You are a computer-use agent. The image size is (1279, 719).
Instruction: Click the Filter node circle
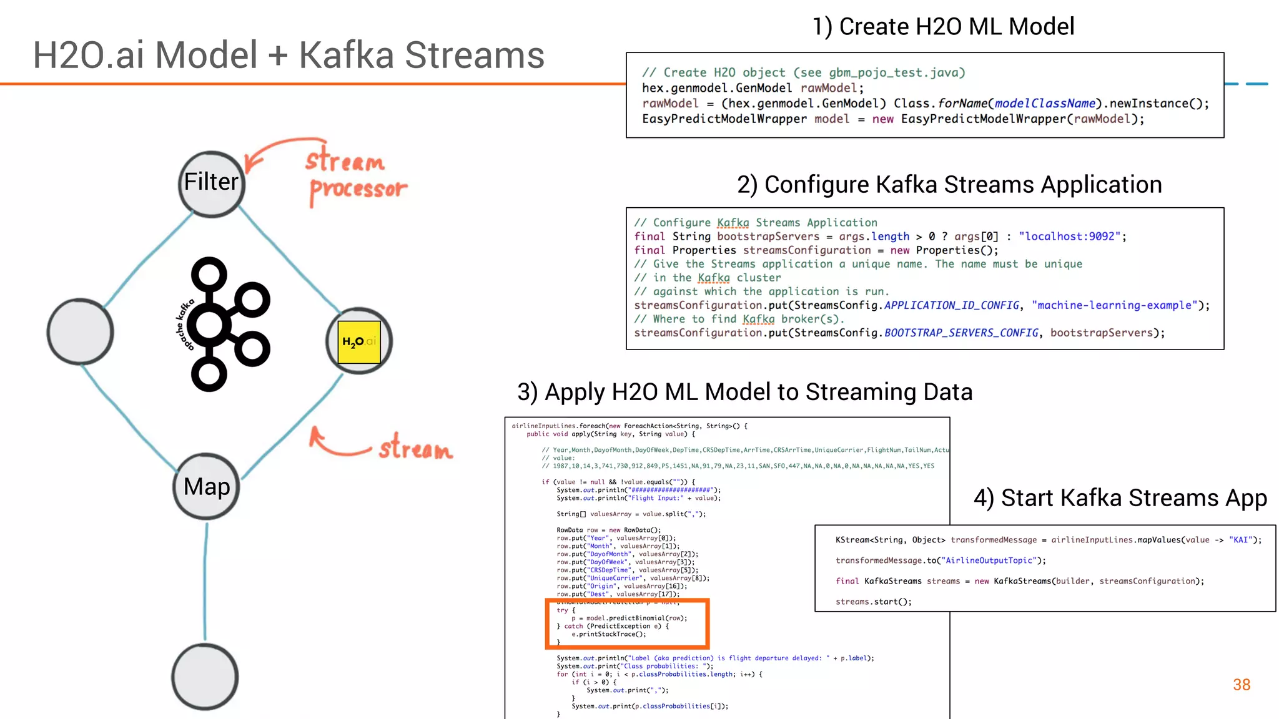[211, 183]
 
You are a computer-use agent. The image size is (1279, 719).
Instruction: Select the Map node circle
[206, 487]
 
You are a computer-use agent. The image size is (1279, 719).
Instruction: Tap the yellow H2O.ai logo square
[359, 341]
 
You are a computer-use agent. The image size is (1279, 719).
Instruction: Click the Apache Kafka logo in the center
[225, 325]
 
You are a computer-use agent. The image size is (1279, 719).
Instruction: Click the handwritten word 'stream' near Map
[415, 448]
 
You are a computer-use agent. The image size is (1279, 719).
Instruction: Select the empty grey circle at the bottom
[205, 677]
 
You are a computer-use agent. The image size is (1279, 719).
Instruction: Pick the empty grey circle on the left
[80, 331]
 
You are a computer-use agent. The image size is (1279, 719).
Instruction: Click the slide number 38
[1241, 685]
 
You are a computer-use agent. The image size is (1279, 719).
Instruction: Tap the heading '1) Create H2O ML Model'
[943, 27]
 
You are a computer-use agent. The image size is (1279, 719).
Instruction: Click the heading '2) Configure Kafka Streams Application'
[949, 185]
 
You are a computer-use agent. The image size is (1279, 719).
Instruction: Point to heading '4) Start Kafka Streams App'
[1120, 498]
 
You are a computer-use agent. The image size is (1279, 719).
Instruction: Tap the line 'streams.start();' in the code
[873, 602]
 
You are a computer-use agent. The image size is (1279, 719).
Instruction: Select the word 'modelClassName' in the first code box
[1044, 104]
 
